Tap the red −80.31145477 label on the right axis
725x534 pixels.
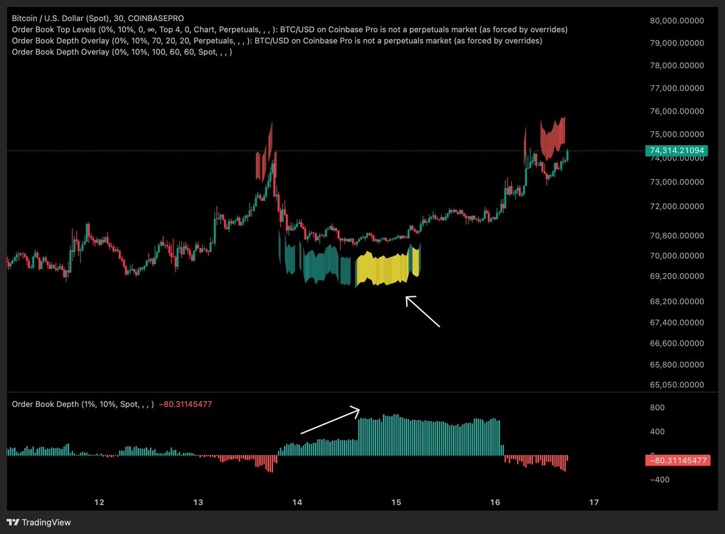(675, 461)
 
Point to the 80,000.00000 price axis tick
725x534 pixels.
(677, 21)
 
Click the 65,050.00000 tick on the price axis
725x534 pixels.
(677, 385)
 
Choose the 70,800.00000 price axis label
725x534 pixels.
(677, 235)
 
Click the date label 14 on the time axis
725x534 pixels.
(297, 502)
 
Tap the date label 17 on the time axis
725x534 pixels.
(594, 502)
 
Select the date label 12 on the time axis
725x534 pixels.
(99, 502)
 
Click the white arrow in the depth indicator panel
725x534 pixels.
(330, 422)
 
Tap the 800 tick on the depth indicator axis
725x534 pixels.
(657, 408)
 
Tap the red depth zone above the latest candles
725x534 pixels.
(553, 138)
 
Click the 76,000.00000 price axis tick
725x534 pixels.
(677, 112)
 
